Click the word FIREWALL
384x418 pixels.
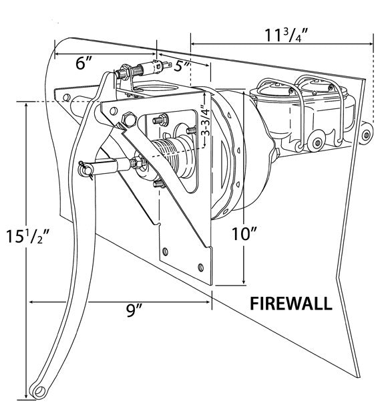point(291,304)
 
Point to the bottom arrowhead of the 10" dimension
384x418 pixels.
point(244,280)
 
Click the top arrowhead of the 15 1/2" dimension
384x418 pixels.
point(27,105)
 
